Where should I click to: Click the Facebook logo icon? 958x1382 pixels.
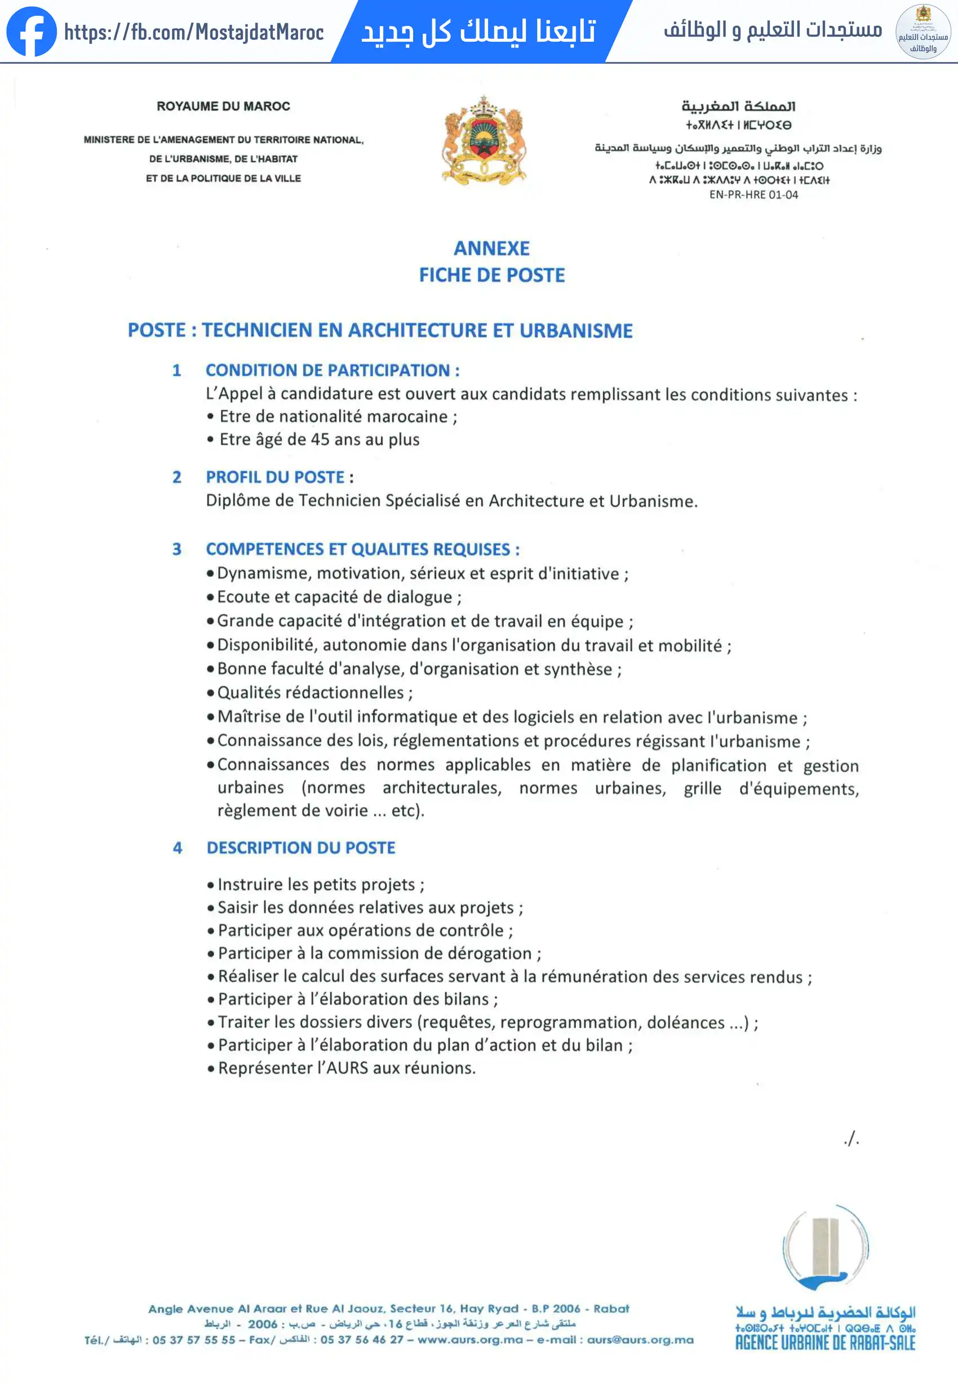(x=31, y=31)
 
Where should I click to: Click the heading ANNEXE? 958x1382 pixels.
(x=491, y=248)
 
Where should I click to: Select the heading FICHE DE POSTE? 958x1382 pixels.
(x=491, y=275)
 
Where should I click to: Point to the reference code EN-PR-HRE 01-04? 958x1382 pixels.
(x=753, y=194)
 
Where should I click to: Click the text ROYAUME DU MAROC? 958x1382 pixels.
(x=223, y=107)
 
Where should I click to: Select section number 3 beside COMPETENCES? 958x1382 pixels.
(x=177, y=550)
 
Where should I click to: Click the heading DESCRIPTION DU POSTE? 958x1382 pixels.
(x=301, y=848)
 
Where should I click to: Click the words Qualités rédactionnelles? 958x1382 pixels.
(x=311, y=693)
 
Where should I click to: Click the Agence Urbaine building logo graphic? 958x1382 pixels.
(x=826, y=1247)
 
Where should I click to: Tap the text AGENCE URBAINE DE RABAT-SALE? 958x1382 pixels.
(x=825, y=1343)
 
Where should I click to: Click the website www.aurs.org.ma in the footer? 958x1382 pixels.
(x=470, y=1339)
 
